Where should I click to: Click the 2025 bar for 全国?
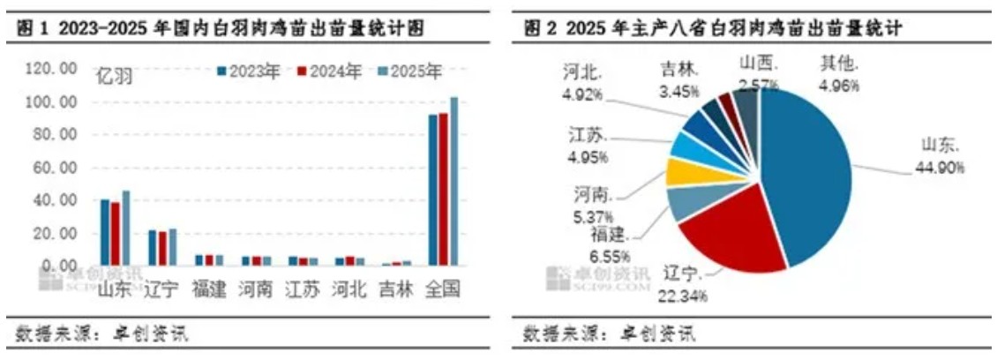click(454, 181)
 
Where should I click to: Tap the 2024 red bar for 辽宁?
click(162, 248)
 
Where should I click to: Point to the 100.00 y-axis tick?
click(54, 102)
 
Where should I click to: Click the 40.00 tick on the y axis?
click(56, 200)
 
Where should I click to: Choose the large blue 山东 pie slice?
click(807, 176)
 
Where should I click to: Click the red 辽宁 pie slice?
click(732, 234)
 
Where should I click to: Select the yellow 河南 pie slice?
click(681, 171)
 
